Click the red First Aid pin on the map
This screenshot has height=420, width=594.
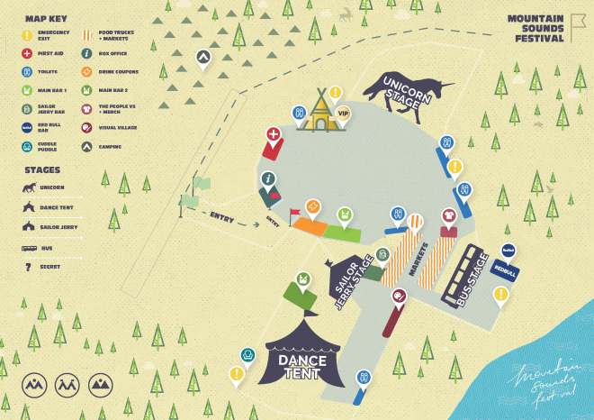coord(273,136)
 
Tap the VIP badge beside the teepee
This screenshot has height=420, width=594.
coord(343,114)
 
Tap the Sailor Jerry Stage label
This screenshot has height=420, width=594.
coord(352,280)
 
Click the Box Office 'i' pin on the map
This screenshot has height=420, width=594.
coord(268,179)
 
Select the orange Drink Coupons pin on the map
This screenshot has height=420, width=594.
coord(312,207)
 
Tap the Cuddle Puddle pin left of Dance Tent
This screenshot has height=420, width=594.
coord(246,356)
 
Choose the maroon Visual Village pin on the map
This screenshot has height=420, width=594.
coord(400,296)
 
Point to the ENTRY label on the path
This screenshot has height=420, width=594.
coord(222,217)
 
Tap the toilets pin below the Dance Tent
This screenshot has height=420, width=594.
coord(362,377)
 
